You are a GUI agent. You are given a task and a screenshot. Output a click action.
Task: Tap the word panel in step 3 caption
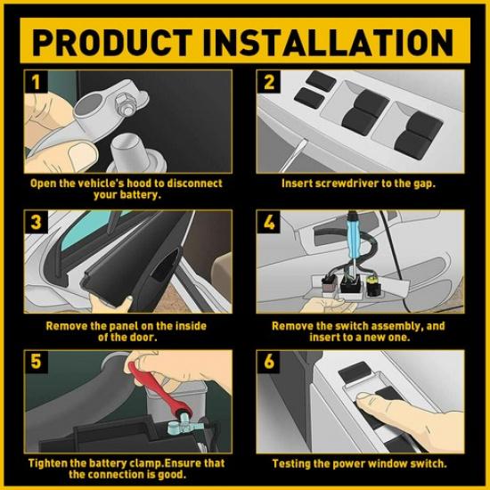pos(116,326)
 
